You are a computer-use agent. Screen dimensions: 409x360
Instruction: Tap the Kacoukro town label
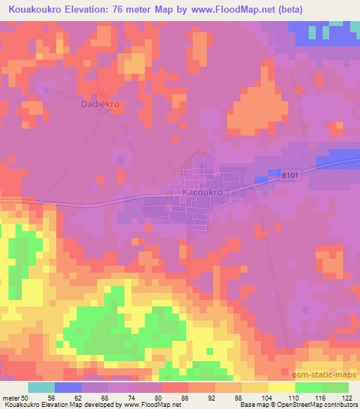coord(202,191)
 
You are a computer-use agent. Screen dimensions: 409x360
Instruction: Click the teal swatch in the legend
coord(41,387)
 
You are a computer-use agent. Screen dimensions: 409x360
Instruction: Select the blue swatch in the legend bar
coord(68,387)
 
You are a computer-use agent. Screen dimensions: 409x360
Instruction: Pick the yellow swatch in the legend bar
coord(281,387)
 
